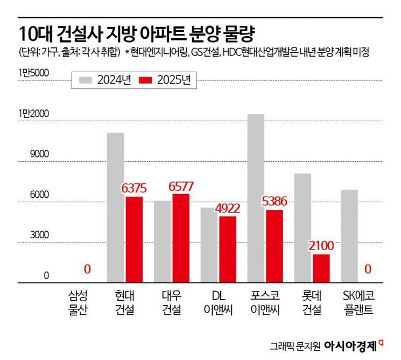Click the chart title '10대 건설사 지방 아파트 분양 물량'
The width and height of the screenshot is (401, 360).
[x=137, y=33]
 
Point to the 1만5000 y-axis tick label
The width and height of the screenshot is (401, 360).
[x=33, y=73]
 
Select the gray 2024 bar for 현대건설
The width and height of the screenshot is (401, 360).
[x=115, y=207]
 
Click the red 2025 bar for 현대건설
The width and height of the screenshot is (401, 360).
[x=133, y=239]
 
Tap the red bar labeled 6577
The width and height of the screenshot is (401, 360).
[x=180, y=238]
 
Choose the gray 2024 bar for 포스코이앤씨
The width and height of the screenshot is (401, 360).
[x=256, y=198]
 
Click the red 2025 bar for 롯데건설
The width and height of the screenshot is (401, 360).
[x=321, y=268]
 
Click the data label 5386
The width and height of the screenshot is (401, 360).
[x=274, y=202]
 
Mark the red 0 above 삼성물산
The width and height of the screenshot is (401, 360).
[x=87, y=269]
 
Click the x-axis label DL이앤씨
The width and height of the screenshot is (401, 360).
[x=218, y=303]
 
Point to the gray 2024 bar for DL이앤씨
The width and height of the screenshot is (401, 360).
[x=209, y=245]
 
